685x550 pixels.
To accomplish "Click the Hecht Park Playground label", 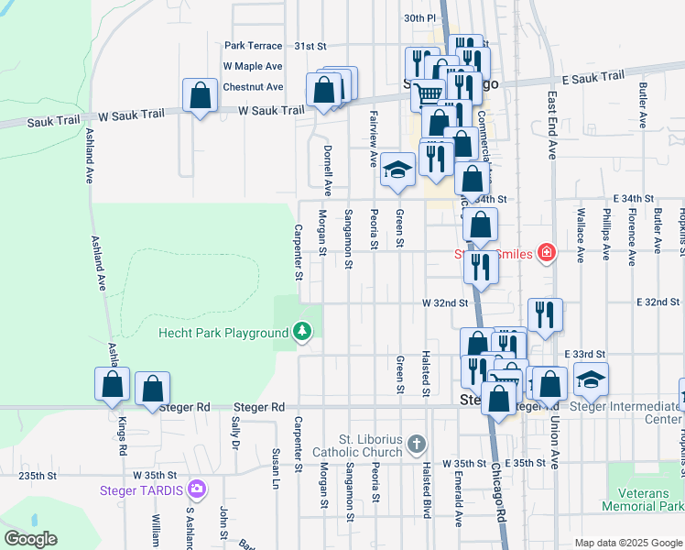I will [x=223, y=333].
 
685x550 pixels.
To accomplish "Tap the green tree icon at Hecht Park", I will [x=301, y=332].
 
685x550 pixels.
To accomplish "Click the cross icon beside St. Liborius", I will [x=417, y=445].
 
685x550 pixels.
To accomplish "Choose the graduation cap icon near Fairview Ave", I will [x=397, y=170].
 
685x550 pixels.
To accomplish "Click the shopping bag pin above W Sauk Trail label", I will [x=200, y=95].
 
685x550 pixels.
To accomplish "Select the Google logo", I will [x=29, y=539].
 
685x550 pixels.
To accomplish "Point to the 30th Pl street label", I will [x=419, y=17].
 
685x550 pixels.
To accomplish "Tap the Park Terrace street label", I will [x=254, y=45].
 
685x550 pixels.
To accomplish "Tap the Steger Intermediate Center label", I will [x=625, y=413].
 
